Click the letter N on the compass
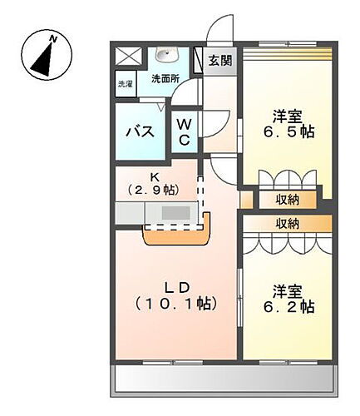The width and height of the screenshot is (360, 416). click(x=53, y=38)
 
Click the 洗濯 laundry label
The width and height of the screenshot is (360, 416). click(x=124, y=84)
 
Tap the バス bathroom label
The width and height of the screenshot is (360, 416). click(x=138, y=131)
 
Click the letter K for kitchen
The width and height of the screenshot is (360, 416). click(x=155, y=176)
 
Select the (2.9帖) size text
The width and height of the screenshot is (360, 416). click(x=155, y=191)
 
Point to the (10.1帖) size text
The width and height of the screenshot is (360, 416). click(x=177, y=304)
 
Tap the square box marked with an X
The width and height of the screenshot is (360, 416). click(x=127, y=57)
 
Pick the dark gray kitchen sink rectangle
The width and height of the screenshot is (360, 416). click(x=174, y=214)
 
